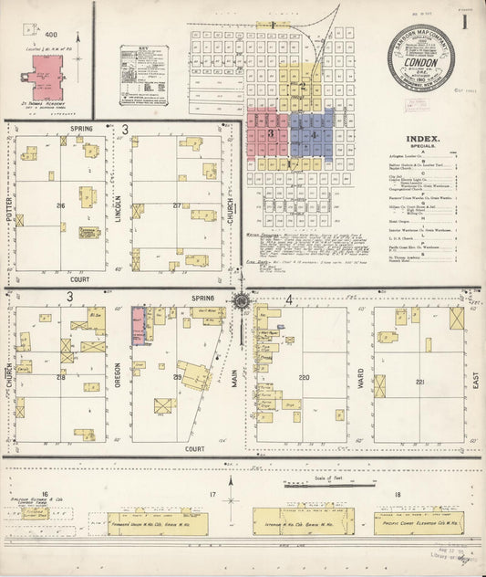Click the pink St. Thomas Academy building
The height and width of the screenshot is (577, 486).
pos(47,79)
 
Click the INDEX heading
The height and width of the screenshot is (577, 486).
pos(423,140)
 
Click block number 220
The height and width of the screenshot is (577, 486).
pos(303,377)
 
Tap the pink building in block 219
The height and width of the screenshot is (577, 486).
pos(138,325)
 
